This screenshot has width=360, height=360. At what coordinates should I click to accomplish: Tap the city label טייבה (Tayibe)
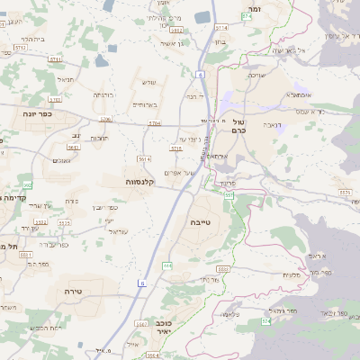pos(201,221)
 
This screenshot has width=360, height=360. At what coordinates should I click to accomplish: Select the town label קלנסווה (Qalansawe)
pos(139,182)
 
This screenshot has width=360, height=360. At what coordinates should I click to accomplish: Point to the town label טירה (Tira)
pos(74,292)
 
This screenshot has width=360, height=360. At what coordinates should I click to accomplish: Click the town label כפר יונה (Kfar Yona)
pos(39,114)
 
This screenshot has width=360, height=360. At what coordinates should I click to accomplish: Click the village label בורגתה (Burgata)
pos(103,94)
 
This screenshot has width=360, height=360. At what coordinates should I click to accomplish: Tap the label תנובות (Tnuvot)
pos(100,138)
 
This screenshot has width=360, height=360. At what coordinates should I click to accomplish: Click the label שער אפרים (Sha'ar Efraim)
pos(180,172)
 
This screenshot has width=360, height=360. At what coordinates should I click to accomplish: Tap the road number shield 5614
pos(143,157)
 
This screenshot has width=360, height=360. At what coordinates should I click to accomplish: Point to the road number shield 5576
pos(341,191)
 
